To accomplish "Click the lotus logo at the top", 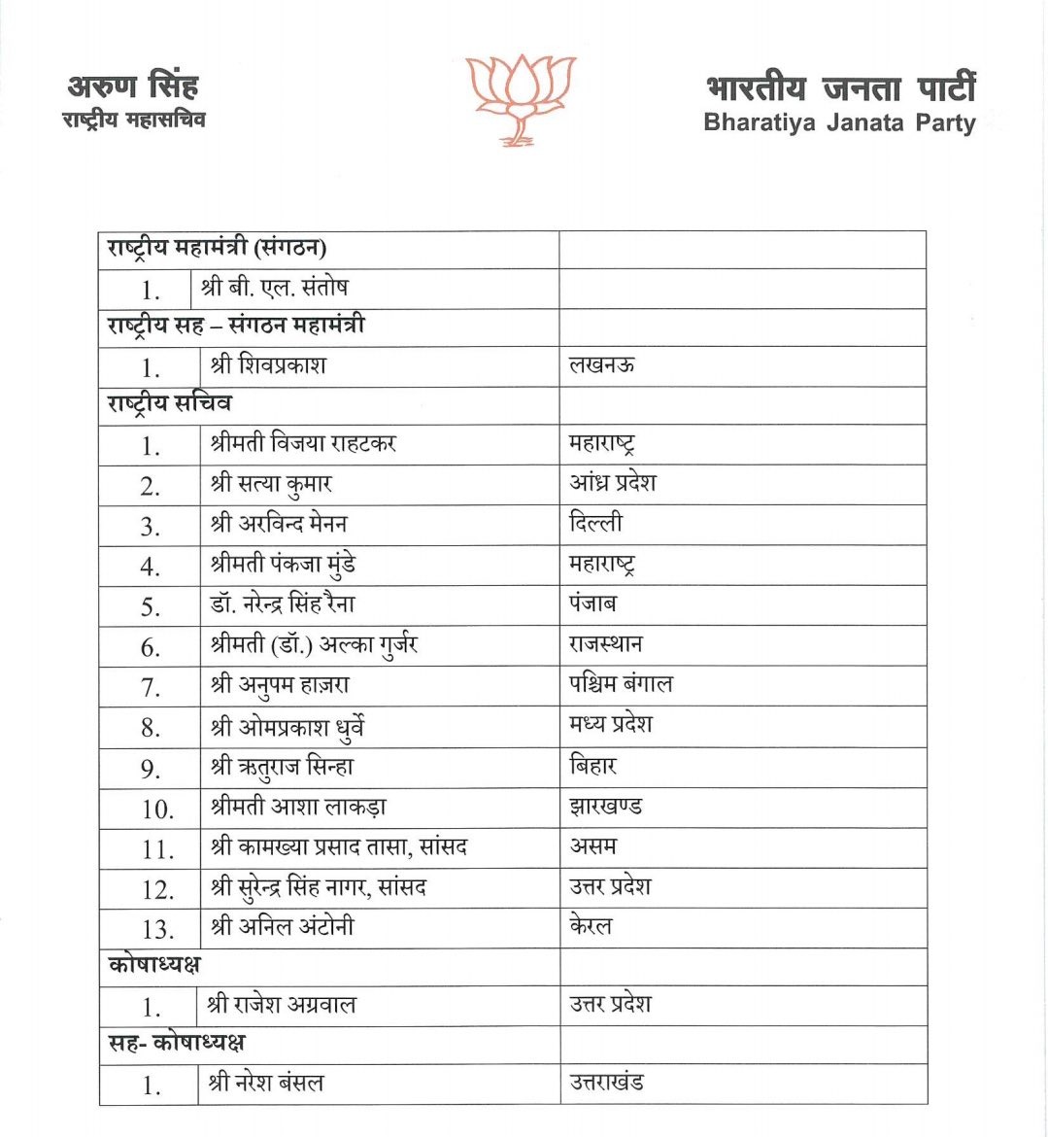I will [x=520, y=98].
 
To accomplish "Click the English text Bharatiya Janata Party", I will [x=839, y=123].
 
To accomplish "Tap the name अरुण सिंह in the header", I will [x=133, y=86].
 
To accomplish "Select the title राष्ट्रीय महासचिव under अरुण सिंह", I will [x=133, y=120].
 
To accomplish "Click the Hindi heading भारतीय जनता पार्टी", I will [x=840, y=88].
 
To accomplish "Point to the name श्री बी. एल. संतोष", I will [x=274, y=288].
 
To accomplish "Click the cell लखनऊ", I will [x=602, y=365].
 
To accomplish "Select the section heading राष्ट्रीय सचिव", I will [x=170, y=403].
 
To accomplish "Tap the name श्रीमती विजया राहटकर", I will [x=303, y=444].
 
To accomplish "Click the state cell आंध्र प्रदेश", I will [x=613, y=483].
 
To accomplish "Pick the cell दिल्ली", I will [x=595, y=523].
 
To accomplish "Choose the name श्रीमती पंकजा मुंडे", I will [x=283, y=565].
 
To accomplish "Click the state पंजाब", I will [x=592, y=603].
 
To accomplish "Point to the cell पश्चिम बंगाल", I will [x=621, y=684].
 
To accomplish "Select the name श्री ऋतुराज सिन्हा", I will [x=282, y=767].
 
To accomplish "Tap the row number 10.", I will [x=156, y=809].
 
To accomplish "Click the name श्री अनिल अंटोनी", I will [x=282, y=927].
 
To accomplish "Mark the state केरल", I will [x=591, y=926].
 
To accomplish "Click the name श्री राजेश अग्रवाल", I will [x=282, y=1004].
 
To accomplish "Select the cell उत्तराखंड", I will [x=607, y=1082].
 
